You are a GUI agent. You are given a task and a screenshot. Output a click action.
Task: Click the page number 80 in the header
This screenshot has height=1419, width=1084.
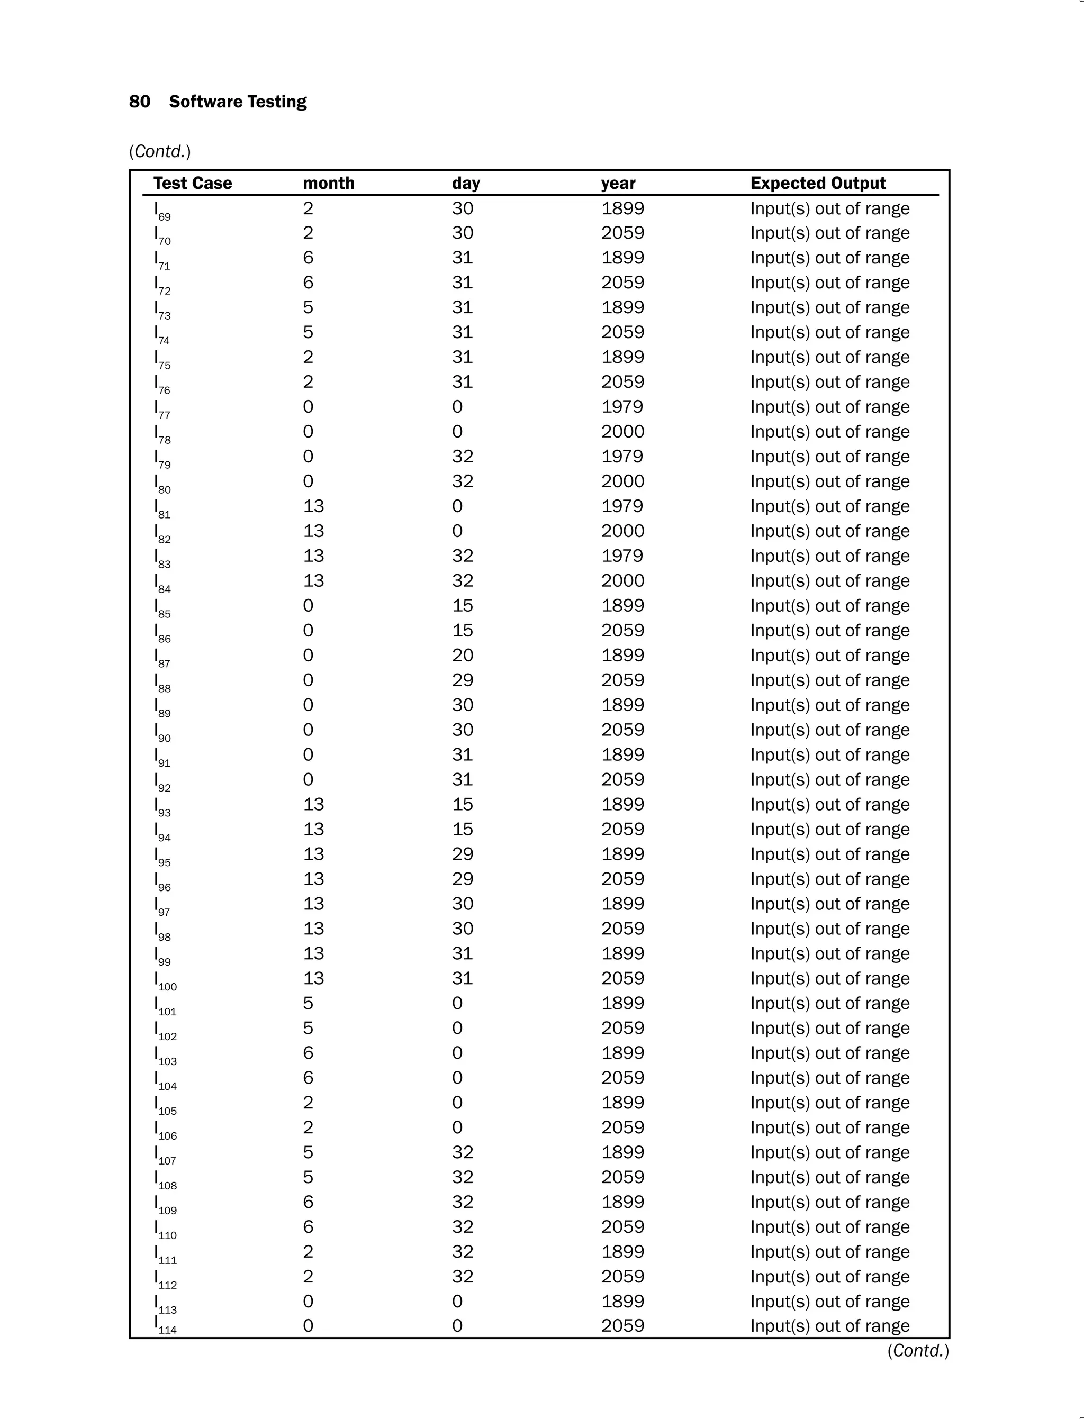[139, 102]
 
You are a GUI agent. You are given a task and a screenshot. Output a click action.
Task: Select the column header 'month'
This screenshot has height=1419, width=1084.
[328, 183]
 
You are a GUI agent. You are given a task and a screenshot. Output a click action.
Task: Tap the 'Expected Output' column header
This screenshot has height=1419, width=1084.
[818, 183]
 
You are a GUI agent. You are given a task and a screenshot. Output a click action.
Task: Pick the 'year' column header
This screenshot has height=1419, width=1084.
[618, 184]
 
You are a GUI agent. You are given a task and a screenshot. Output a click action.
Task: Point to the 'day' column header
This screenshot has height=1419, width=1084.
[466, 184]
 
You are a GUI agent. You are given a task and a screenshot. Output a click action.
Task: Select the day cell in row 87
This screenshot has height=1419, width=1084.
[462, 656]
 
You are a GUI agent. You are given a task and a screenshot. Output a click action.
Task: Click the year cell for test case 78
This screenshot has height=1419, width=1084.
[622, 432]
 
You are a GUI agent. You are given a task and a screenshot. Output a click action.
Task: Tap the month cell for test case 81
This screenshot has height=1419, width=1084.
[313, 506]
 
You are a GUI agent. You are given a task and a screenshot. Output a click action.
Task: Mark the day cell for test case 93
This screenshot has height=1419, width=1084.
[462, 804]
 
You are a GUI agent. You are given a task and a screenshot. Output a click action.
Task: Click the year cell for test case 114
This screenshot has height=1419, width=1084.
[622, 1325]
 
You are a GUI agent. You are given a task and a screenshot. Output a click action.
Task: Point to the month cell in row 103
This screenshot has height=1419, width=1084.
[309, 1053]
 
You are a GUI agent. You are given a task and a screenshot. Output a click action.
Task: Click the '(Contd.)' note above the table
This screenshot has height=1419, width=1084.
[160, 151]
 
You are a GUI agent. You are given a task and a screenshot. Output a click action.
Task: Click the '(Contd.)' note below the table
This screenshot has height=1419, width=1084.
[917, 1351]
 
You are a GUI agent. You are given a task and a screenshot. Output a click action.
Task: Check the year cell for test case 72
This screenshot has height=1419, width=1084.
[622, 283]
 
